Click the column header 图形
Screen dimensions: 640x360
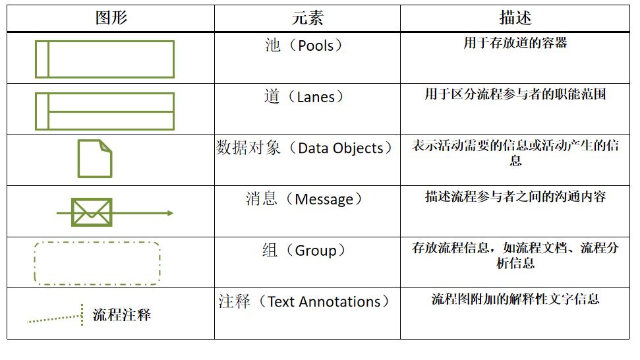pos(111,18)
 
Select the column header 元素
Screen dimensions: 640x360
pos(307,18)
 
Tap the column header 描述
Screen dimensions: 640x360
pos(515,18)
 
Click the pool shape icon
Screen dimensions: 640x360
pos(105,59)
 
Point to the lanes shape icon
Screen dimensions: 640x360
pos(105,111)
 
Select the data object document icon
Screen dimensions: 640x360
pos(95,158)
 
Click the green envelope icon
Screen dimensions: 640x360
pos(92,212)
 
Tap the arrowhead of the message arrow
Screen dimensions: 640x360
pos(170,213)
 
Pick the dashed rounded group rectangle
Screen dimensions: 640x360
pos(97,263)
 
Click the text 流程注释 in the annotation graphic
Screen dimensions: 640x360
pos(122,315)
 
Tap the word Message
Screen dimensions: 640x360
pos(324,199)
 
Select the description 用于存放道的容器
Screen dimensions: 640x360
pos(515,44)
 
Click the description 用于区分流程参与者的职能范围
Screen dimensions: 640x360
pos(515,94)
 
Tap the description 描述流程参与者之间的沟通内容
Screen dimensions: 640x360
pos(515,196)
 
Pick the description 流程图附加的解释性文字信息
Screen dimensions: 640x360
pos(515,299)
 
